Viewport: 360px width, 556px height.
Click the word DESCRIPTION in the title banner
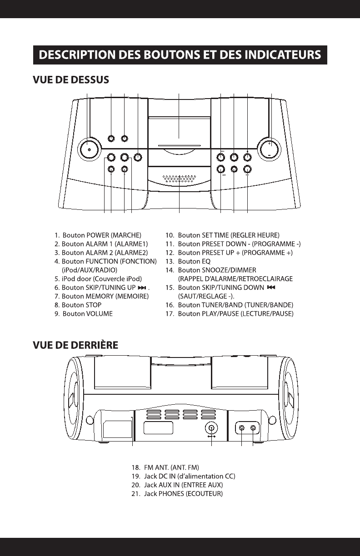pyautogui.click(x=71, y=55)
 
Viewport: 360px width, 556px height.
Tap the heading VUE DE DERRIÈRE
pyautogui.click(x=75, y=345)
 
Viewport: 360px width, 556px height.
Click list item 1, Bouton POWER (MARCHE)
pyautogui.click(x=97, y=235)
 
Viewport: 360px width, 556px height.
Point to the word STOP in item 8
pyautogui.click(x=94, y=305)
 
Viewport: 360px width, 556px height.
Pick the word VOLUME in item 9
pyautogui.click(x=100, y=313)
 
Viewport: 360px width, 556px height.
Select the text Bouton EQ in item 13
pyautogui.click(x=195, y=261)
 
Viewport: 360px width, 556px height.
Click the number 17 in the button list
pyautogui.click(x=170, y=313)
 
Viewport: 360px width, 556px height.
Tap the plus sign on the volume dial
pyautogui.click(x=269, y=143)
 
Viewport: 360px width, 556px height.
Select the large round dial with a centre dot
pyautogui.click(x=90, y=149)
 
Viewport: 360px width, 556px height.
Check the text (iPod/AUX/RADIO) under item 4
pyautogui.click(x=90, y=270)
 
